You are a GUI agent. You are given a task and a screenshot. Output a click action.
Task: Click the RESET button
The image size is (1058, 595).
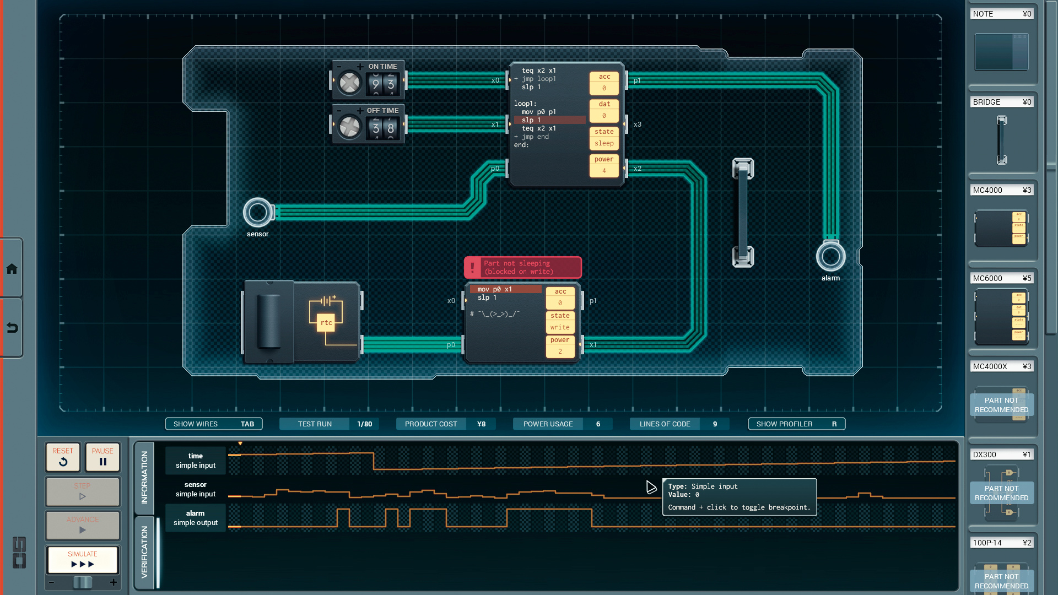(63, 457)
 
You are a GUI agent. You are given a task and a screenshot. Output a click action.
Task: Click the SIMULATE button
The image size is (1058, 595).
(83, 560)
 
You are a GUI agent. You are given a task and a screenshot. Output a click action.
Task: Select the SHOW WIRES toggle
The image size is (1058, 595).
(213, 424)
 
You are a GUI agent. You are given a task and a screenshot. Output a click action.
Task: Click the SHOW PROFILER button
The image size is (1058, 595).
(796, 424)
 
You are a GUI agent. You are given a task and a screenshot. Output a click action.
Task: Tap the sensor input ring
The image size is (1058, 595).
(257, 212)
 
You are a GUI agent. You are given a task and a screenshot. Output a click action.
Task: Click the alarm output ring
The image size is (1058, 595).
(830, 256)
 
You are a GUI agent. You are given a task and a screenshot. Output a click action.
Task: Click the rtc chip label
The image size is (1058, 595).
(326, 322)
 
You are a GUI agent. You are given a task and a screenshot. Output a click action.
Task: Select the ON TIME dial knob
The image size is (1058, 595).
(349, 83)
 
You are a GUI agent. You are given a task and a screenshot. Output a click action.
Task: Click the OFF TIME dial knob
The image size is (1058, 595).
(349, 127)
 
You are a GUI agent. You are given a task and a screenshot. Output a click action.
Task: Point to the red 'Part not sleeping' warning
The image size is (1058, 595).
(522, 267)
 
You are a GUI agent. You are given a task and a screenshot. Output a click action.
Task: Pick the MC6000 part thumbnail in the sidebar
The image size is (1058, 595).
(1001, 318)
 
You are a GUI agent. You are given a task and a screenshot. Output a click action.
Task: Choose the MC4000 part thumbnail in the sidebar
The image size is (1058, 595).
(1001, 228)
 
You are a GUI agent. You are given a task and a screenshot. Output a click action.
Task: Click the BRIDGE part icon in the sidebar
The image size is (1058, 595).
(1001, 140)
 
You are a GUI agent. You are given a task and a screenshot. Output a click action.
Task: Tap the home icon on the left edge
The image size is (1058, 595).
(12, 269)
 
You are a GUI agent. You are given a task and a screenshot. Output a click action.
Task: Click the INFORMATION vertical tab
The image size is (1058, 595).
(144, 477)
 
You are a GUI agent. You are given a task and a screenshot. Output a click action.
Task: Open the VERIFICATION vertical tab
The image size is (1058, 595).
(144, 551)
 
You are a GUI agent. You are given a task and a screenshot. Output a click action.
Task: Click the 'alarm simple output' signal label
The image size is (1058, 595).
(196, 518)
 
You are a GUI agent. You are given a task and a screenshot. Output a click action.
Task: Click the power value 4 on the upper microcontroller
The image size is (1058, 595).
(604, 171)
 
